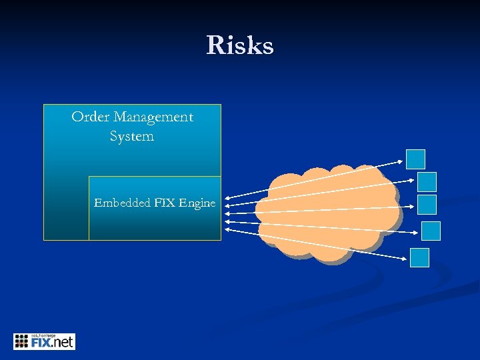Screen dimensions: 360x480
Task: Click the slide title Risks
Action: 240,46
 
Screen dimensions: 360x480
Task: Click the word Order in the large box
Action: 90,117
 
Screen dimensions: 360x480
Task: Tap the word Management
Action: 153,117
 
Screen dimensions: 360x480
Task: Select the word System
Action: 132,137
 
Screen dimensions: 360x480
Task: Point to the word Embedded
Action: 122,203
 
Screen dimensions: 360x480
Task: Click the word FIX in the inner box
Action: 165,203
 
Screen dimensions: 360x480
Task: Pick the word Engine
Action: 197,203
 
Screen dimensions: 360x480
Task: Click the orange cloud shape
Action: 327,212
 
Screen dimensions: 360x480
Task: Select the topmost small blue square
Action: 416,159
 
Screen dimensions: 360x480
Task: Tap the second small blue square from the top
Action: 427,181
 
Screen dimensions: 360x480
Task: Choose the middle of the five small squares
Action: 427,204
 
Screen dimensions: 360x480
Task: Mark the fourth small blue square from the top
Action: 431,231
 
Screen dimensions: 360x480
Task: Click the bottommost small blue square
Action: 419,257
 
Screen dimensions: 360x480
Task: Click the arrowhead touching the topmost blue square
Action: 401,161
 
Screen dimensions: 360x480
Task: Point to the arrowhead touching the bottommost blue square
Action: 405,259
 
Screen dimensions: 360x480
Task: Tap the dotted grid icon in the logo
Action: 21,341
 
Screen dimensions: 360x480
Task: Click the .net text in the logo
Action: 63,343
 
